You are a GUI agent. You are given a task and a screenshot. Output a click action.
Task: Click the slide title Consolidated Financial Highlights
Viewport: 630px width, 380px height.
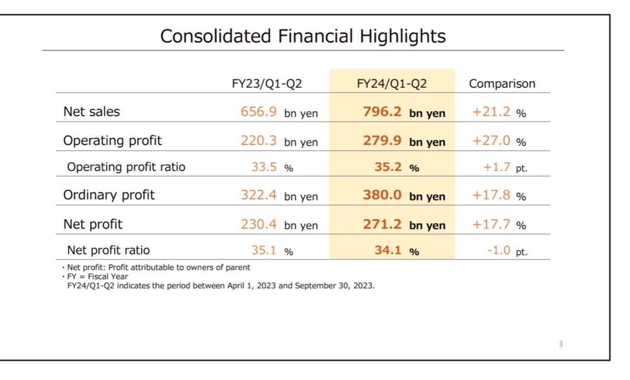tap(303, 36)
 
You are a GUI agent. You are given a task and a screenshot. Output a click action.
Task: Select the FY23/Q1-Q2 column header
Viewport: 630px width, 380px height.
tap(267, 84)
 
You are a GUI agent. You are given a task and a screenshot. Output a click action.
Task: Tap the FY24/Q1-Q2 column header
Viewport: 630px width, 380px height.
tap(392, 84)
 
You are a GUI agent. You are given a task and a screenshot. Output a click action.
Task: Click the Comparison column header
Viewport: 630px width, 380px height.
tap(502, 84)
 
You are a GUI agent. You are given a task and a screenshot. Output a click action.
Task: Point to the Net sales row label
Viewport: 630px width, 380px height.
tap(91, 112)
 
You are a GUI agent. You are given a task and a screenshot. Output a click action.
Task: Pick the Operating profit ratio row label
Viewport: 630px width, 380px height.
tap(126, 167)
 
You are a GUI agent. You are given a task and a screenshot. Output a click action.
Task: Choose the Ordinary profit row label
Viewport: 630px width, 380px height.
tap(109, 195)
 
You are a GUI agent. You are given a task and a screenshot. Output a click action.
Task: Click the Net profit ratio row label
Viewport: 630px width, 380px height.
tap(108, 250)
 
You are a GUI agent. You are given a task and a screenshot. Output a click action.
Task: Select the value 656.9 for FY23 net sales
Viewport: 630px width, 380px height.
tap(259, 112)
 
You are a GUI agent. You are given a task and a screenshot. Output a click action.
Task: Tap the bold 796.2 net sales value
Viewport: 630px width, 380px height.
tap(382, 112)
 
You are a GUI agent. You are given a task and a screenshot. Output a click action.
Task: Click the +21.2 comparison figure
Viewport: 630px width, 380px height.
tap(492, 112)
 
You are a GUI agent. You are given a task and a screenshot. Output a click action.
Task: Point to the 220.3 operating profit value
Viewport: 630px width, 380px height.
tap(259, 140)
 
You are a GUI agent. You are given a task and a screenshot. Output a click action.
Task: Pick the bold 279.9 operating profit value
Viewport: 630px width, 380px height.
tap(382, 140)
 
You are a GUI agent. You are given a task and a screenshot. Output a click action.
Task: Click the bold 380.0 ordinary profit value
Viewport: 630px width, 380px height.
tap(382, 195)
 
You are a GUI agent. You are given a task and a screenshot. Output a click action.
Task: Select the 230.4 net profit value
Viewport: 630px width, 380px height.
tap(259, 224)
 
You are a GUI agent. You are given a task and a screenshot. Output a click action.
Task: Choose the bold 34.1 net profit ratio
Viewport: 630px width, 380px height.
tap(388, 250)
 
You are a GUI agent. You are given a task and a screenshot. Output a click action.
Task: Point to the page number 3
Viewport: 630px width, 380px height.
tap(561, 344)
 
